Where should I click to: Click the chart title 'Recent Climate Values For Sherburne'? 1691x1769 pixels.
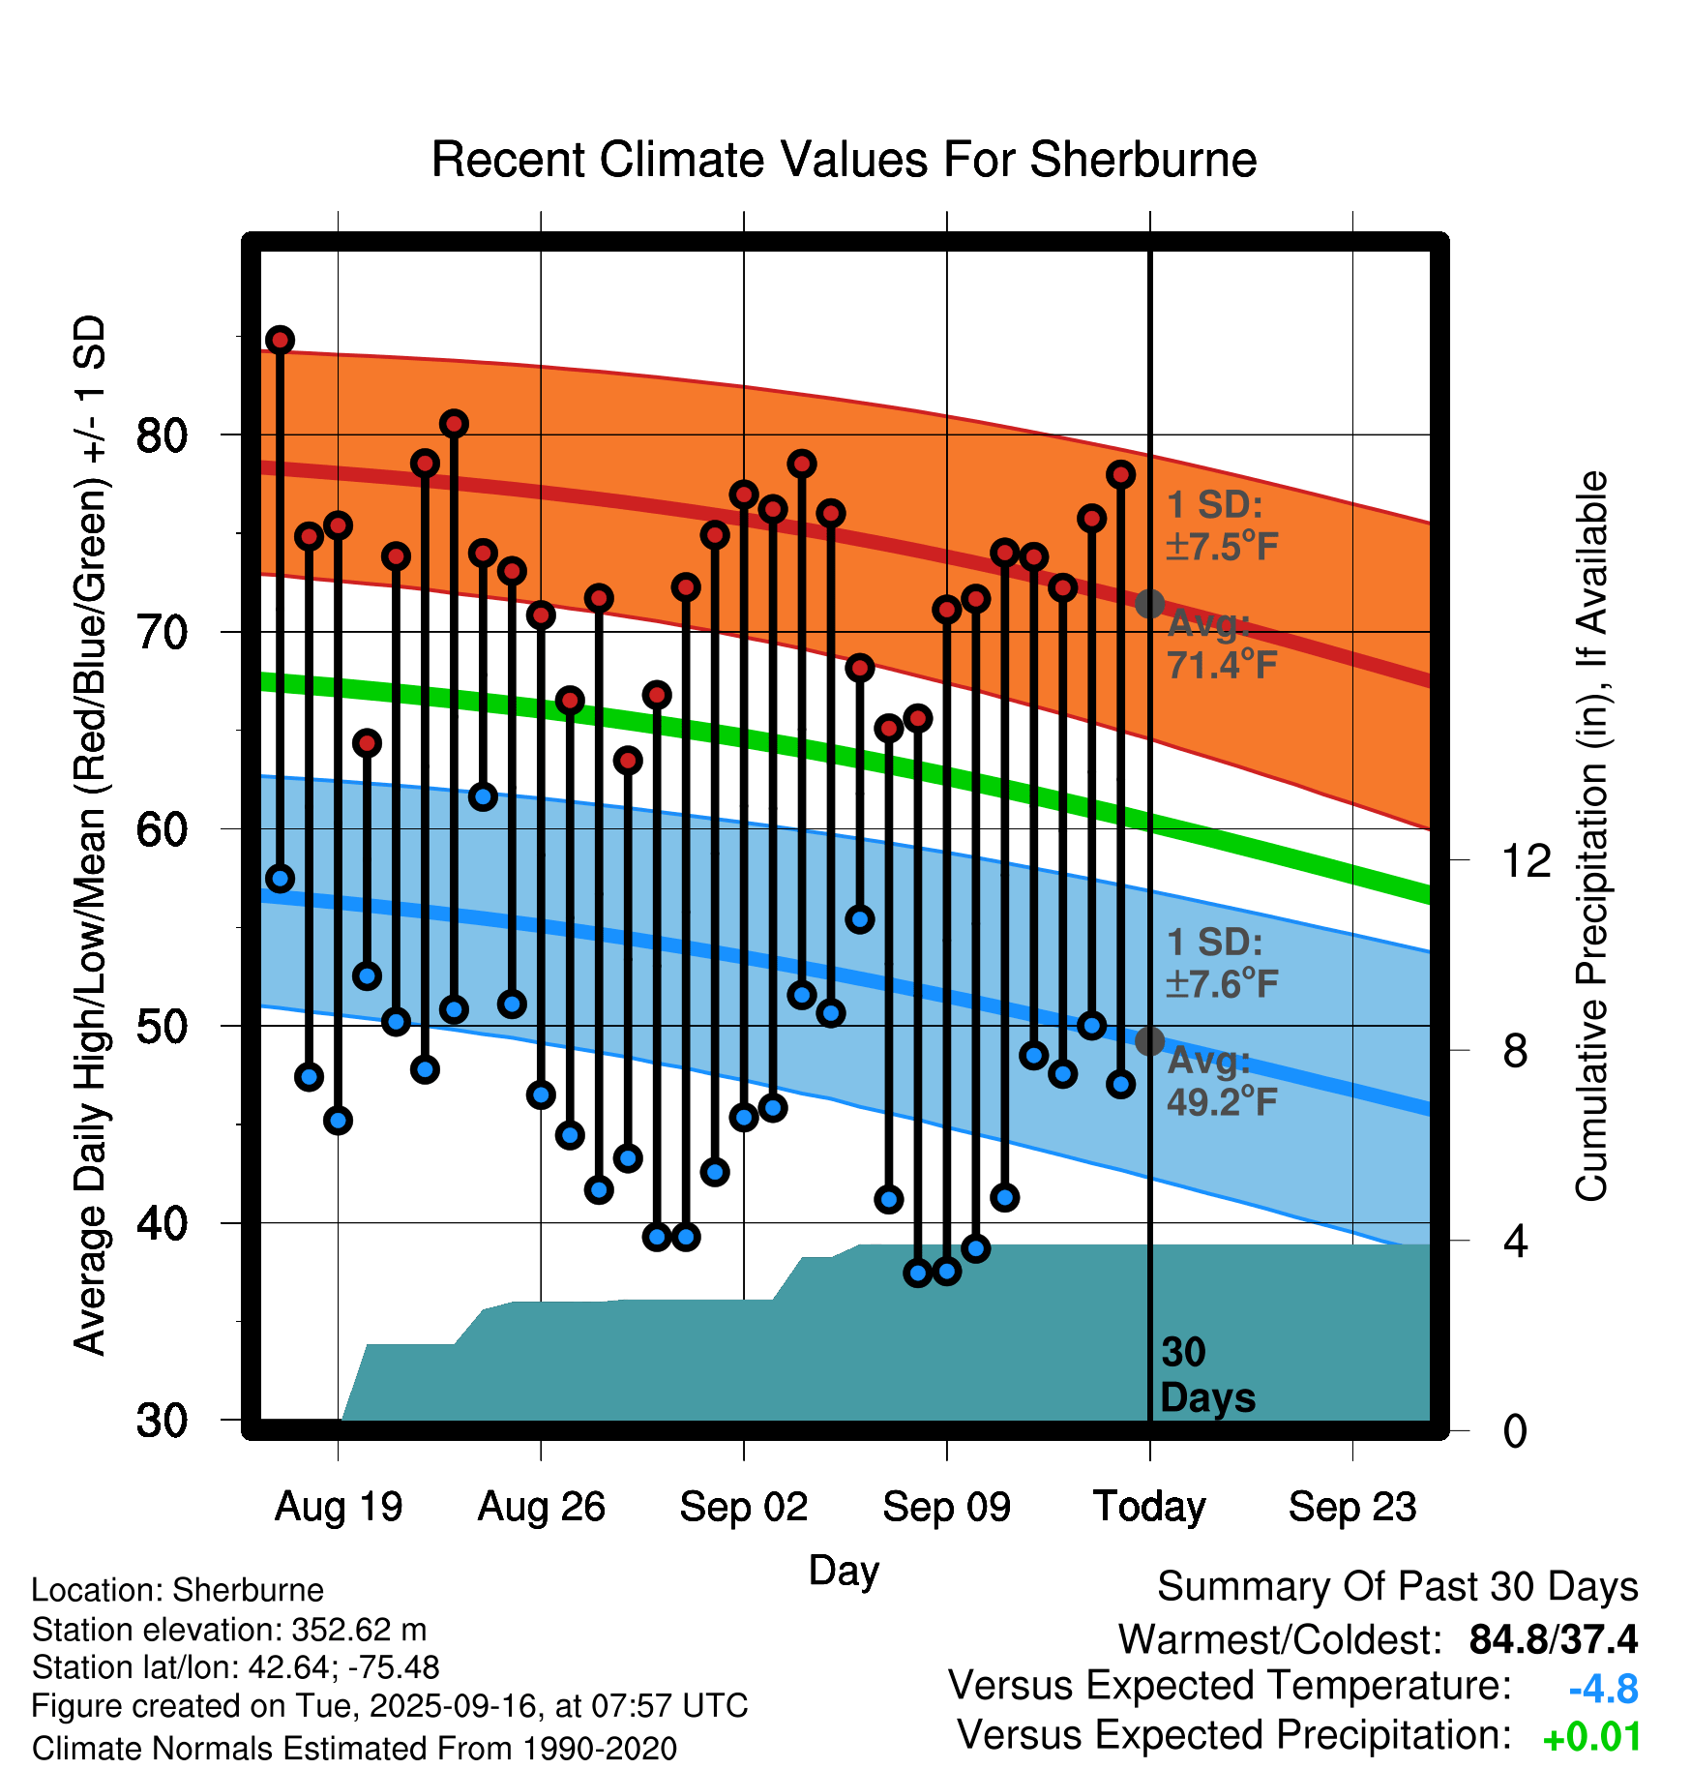844,160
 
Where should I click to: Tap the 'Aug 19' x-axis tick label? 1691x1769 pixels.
339,1507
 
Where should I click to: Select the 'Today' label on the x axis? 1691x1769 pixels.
1149,1507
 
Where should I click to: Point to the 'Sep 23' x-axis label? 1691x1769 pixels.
1352,1507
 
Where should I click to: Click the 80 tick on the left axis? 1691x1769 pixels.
162,436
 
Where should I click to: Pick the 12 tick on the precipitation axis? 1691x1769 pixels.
1526,860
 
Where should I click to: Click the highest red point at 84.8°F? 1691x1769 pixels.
281,340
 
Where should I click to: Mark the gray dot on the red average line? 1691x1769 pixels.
1149,604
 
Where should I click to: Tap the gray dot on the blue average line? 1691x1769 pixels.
1149,1041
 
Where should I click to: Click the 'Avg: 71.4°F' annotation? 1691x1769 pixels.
1222,645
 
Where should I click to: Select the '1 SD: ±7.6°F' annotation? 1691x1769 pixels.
1222,964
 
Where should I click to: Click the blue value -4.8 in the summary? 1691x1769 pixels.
1603,1690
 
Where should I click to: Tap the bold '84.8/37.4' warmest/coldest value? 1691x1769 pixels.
1553,1639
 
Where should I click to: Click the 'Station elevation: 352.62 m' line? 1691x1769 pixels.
229,1630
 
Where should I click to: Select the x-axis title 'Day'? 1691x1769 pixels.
844,1570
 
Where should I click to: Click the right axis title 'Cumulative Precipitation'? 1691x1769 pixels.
1590,836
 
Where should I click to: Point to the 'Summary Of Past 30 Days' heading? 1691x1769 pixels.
1397,1587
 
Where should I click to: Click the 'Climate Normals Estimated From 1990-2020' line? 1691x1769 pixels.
354,1749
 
